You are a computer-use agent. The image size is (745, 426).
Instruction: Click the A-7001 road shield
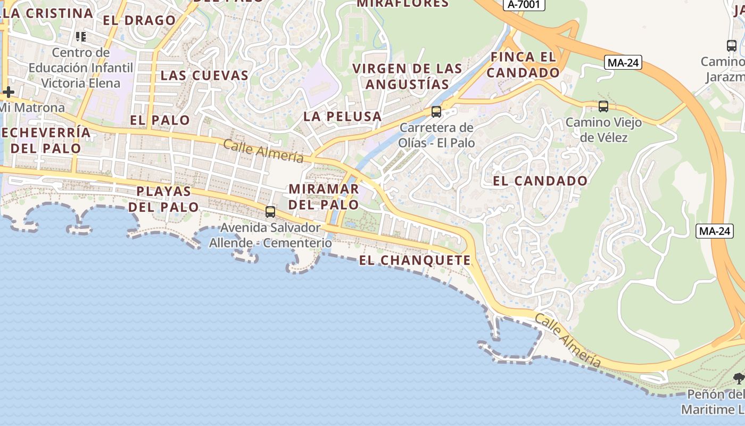tap(524, 4)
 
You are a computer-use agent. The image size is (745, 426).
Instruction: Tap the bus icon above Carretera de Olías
tap(436, 112)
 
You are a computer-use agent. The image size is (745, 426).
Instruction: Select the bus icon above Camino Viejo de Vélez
tap(603, 106)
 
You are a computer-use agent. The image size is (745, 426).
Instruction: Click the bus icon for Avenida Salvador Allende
tap(270, 212)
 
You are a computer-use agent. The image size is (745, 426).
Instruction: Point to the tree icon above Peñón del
tap(739, 379)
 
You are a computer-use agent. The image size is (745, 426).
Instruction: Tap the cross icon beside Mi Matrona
tap(8, 92)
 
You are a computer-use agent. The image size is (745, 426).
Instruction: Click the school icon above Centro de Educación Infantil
tap(81, 37)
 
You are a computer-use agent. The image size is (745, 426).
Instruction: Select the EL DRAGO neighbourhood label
tap(139, 20)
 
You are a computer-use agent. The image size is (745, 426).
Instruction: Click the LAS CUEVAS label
tap(204, 75)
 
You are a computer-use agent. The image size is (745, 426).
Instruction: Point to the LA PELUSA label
tap(343, 116)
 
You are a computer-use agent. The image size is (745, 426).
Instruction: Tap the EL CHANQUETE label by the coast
tap(415, 260)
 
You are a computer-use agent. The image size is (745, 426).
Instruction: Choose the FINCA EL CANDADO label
tap(523, 64)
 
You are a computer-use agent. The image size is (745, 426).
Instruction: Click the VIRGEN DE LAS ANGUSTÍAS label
tap(408, 76)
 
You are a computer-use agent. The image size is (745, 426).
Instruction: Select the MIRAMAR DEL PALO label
tap(324, 196)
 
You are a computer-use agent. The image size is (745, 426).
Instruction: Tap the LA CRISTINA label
tap(48, 13)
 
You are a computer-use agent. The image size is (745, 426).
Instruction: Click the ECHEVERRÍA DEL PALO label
tap(46, 140)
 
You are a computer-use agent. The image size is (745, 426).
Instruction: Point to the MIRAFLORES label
tap(403, 3)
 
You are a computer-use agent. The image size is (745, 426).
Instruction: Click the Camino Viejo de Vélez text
tap(603, 130)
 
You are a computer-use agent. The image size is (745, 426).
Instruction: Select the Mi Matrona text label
tap(32, 108)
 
